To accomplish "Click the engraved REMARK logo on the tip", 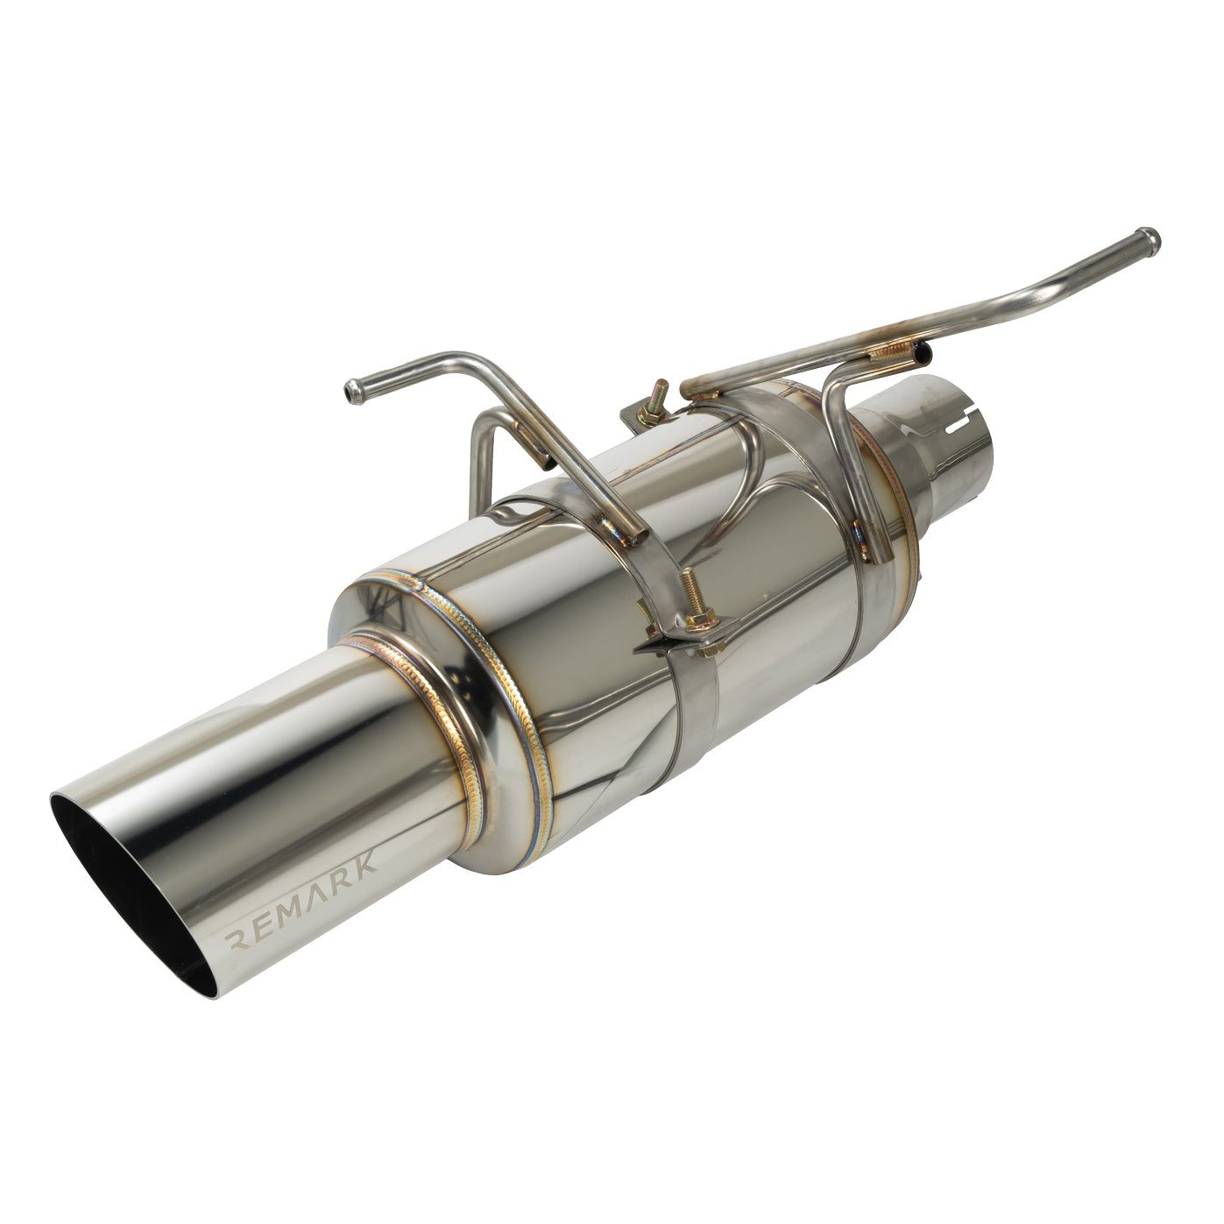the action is pyautogui.click(x=301, y=900).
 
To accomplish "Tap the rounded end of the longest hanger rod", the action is pyautogui.click(x=1149, y=239).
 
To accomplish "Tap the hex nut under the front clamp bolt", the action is pyautogui.click(x=711, y=647).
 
